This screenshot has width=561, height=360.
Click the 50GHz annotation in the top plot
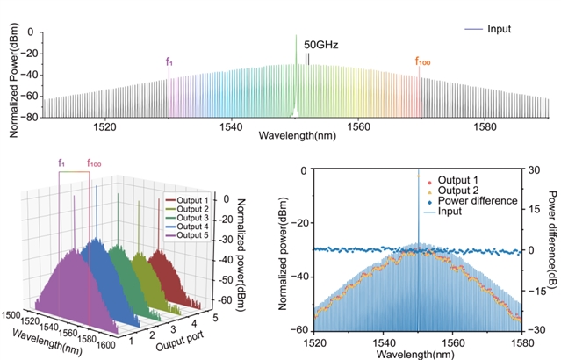[320, 44]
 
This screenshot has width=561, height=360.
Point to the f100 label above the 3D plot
[93, 163]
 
